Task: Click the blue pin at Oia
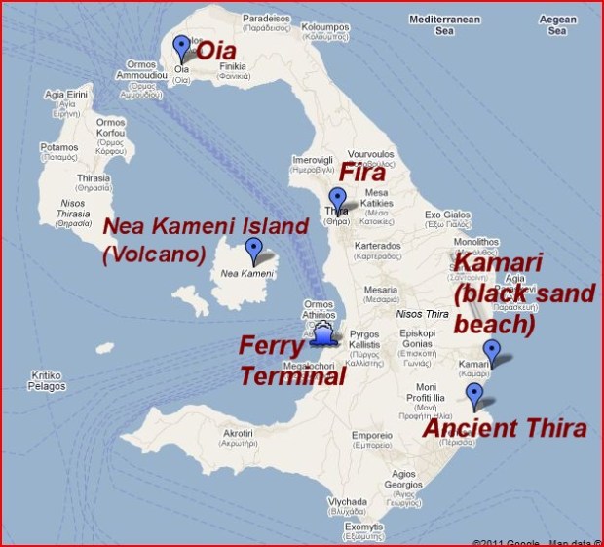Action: point(181,47)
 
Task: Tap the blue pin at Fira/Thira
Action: point(337,199)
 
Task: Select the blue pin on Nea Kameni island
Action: point(254,250)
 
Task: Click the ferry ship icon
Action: point(323,335)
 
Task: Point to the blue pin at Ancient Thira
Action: point(474,394)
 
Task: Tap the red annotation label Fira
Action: point(361,174)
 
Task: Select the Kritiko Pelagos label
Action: point(47,380)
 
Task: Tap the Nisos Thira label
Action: point(421,314)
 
